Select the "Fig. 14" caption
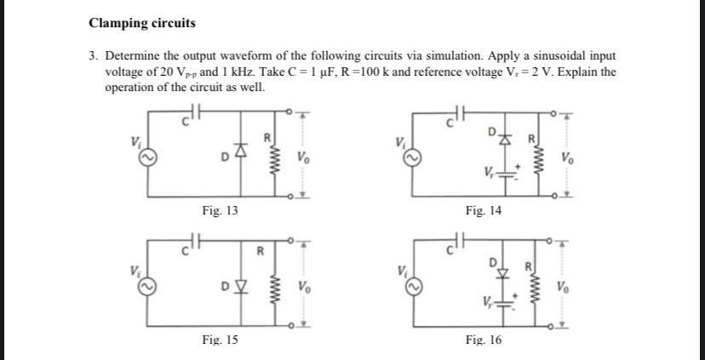(484, 209)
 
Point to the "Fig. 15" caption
(220, 340)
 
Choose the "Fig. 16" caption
(484, 340)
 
